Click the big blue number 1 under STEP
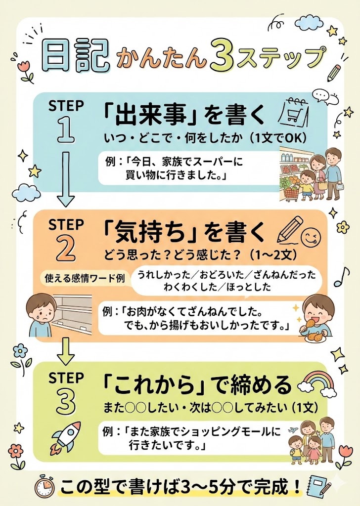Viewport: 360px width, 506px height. [66, 129]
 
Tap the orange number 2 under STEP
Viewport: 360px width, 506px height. [66, 248]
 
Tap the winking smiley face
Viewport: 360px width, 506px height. [310, 237]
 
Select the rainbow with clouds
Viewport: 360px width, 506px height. [315, 383]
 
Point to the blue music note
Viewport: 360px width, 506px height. [341, 277]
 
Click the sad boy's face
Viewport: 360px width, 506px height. [38, 309]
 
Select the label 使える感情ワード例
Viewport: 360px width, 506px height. [85, 278]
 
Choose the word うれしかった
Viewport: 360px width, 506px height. [164, 275]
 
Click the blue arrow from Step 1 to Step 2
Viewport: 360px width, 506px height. [66, 179]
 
